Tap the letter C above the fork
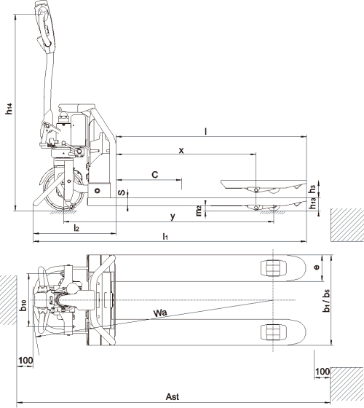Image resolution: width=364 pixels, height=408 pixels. [154, 175]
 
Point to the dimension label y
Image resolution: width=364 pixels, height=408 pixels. [173, 216]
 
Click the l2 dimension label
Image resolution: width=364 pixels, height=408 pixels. [76, 228]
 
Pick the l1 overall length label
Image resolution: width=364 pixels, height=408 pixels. [166, 237]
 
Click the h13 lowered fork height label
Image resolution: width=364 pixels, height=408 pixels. [313, 204]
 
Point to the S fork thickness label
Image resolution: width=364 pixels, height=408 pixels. [123, 193]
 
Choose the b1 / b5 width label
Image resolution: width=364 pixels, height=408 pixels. [325, 299]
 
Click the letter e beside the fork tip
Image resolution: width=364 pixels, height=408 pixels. [317, 267]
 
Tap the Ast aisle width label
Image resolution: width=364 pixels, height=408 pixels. [173, 397]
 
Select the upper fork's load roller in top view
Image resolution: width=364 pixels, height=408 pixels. [271, 267]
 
